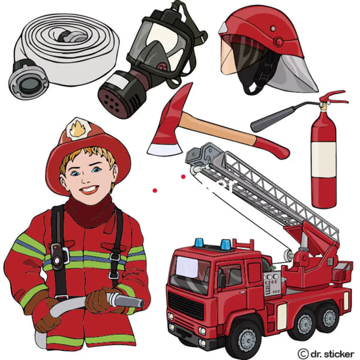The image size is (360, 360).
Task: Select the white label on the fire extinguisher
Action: point(323,159)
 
